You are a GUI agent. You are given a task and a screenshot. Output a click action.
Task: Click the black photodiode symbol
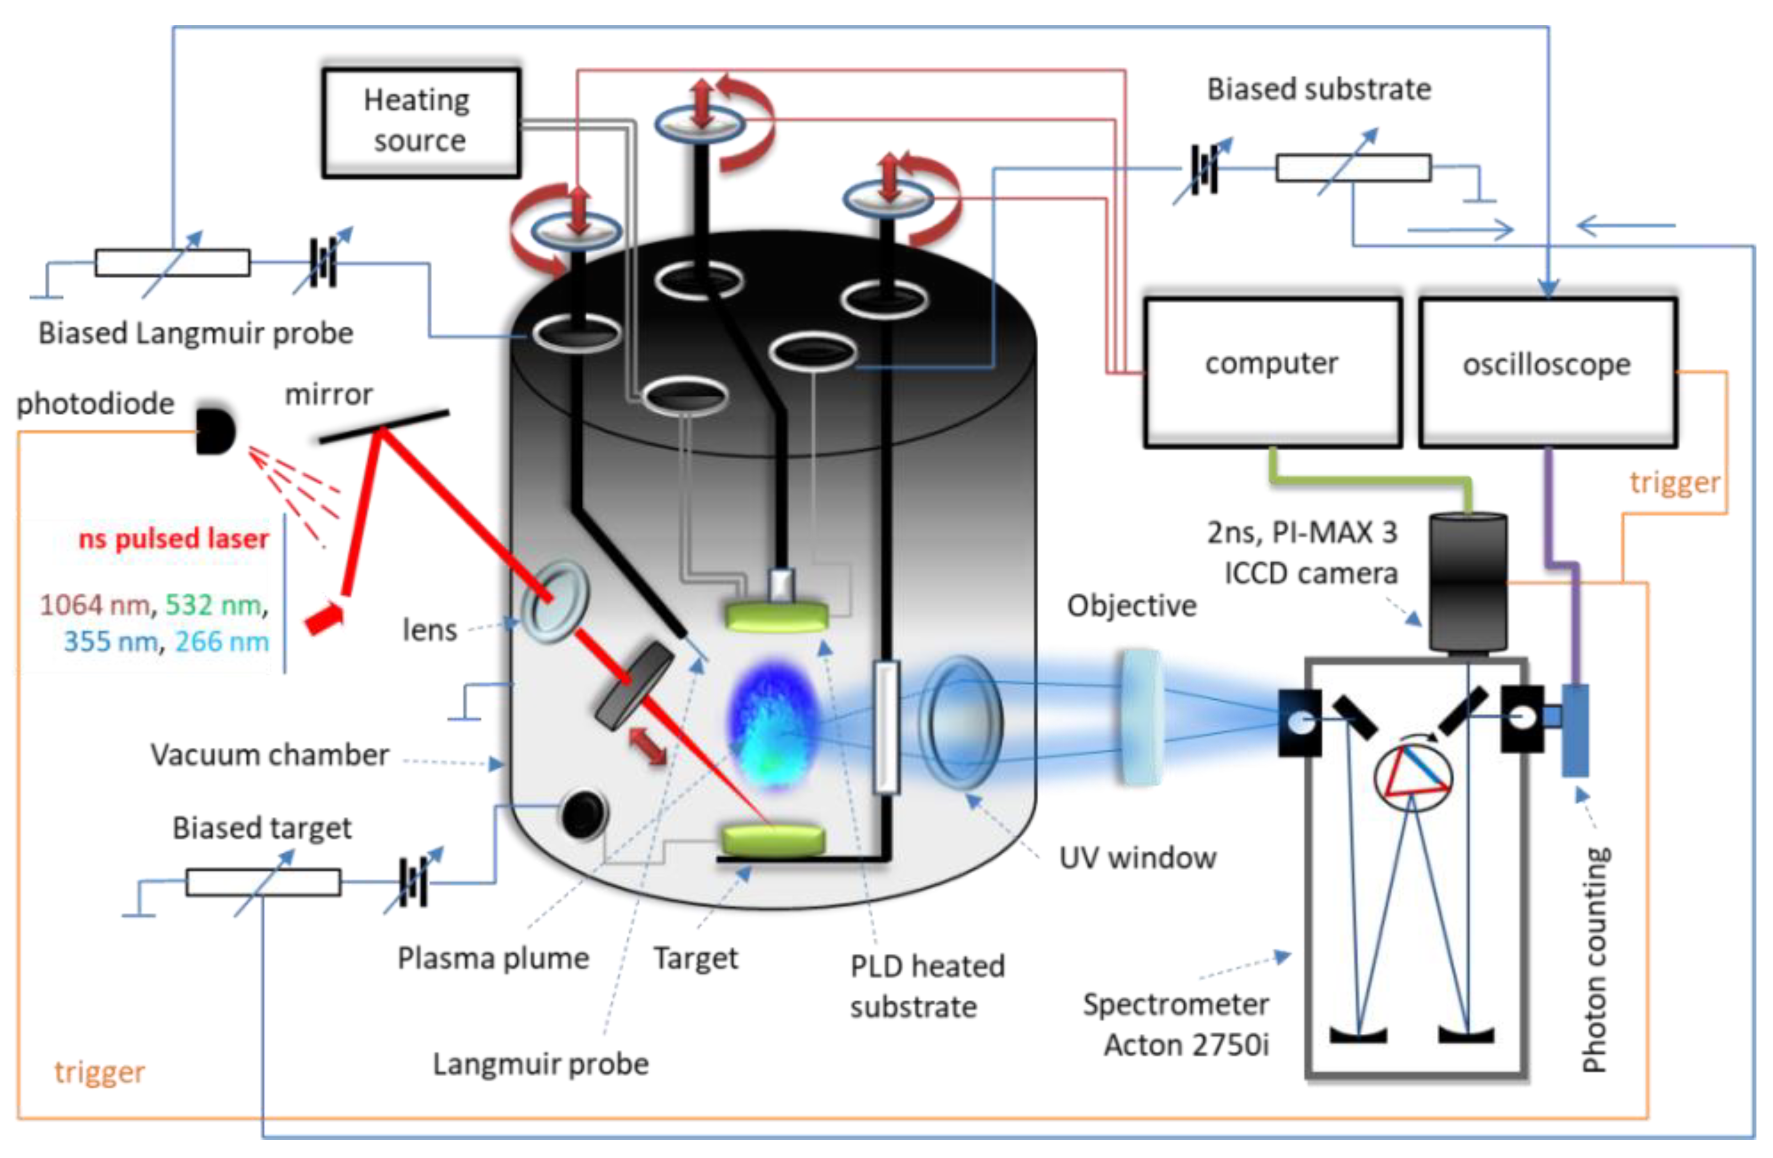click(x=215, y=431)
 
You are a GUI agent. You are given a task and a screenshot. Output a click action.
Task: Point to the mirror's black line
click(x=384, y=426)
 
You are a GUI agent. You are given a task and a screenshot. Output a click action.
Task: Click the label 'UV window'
click(x=1138, y=858)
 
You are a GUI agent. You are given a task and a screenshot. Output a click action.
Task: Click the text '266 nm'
click(x=222, y=641)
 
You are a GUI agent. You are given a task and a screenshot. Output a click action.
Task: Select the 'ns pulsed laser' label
click(x=173, y=538)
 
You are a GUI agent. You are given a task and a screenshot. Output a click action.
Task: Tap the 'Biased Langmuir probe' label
click(x=196, y=333)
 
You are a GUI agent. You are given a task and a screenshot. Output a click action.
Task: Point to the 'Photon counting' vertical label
click(x=1595, y=960)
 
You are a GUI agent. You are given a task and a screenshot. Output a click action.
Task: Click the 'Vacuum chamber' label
click(x=270, y=755)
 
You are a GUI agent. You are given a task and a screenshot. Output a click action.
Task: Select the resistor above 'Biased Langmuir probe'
click(x=172, y=263)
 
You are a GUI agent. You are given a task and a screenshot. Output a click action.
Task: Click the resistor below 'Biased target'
click(x=263, y=883)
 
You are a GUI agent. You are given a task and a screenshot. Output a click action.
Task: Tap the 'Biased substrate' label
click(x=1319, y=89)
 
